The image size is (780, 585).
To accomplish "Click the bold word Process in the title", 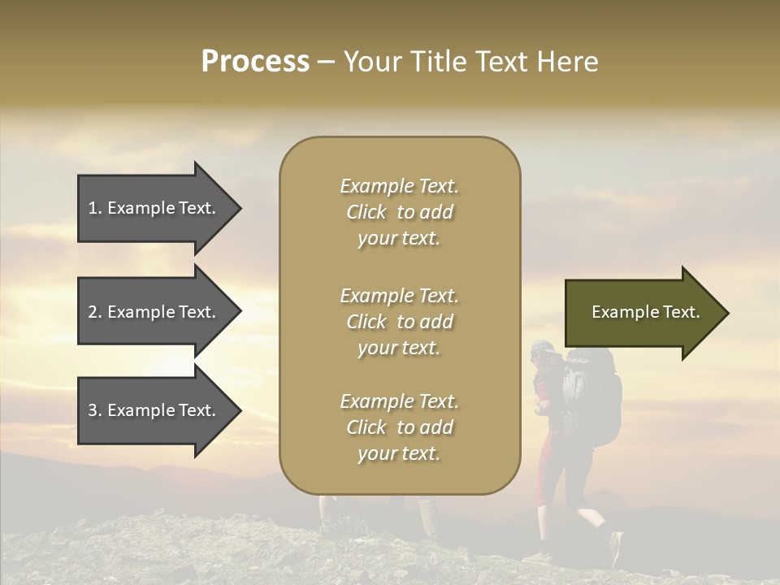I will point(255,62).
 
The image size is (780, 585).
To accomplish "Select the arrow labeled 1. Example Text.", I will point(154,208).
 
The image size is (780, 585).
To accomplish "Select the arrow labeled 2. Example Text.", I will point(154,312).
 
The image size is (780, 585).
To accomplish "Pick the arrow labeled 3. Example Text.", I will point(154,410).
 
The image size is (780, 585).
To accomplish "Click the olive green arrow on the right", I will point(642,313).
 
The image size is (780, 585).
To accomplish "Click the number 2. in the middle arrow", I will point(94,312).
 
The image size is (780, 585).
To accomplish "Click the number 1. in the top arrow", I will point(94,208).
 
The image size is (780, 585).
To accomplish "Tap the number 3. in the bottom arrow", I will point(94,410).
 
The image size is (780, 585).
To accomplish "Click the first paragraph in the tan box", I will point(399,212).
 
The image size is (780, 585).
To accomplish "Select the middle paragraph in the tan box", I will point(399,322).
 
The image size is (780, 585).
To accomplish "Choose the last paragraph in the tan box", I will point(399,427).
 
